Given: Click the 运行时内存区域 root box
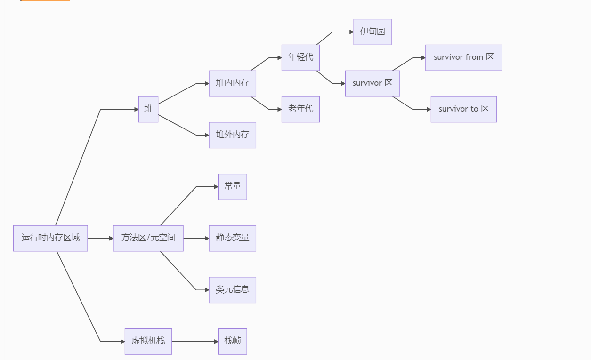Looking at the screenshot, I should (50, 238).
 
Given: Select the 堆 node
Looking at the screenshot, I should (148, 109).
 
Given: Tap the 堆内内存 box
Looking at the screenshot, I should (232, 83).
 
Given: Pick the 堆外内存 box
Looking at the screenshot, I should (232, 135).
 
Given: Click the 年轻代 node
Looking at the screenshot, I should (300, 57).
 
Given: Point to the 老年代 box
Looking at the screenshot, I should (300, 109).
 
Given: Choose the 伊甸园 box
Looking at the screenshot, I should (372, 32).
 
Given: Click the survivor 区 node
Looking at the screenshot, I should (372, 83).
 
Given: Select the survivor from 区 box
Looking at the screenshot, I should (463, 57).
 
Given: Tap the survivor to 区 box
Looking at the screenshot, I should (463, 109).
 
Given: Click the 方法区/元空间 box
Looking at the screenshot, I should (148, 238).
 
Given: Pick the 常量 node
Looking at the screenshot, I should (232, 187).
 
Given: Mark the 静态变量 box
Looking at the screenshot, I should (232, 238).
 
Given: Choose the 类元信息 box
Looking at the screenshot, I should (232, 290).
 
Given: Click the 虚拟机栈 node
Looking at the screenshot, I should (148, 341).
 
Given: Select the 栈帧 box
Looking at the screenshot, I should (232, 341).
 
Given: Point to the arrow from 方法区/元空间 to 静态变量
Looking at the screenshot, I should (195, 238).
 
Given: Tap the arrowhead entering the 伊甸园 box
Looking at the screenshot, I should (351, 32).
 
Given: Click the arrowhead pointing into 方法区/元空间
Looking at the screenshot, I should (111, 238).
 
